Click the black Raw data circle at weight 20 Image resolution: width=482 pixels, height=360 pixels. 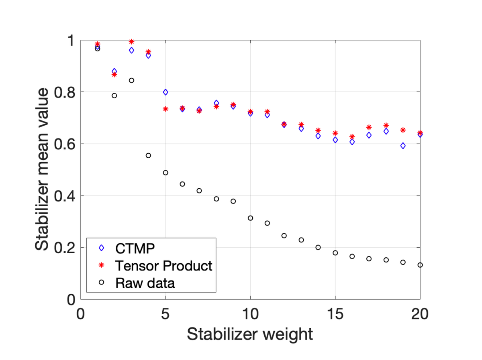(x=420, y=265)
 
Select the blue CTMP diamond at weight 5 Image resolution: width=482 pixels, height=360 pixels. (x=165, y=92)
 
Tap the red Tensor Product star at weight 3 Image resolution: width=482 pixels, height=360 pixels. (x=131, y=41)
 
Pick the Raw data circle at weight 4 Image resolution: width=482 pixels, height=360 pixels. (x=148, y=155)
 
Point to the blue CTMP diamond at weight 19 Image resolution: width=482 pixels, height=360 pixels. (x=403, y=146)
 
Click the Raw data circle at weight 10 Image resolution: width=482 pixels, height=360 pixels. (x=250, y=218)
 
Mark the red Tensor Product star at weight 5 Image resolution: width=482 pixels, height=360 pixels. (x=165, y=109)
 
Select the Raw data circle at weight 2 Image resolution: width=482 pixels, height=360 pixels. (x=114, y=96)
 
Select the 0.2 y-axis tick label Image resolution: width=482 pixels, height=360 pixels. (x=67, y=248)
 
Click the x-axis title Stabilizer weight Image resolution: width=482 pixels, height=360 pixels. (x=250, y=334)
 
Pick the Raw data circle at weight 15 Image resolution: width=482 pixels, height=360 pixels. (x=335, y=253)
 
